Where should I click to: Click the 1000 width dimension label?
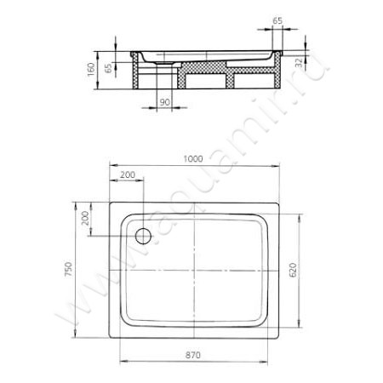[x=193, y=159]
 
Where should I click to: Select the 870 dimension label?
[x=193, y=355]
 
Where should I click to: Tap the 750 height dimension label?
[x=69, y=270]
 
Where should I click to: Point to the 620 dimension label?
[x=293, y=270]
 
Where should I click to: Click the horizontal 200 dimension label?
[x=128, y=174]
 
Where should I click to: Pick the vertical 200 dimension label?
[x=85, y=218]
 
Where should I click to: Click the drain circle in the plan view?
[x=143, y=236]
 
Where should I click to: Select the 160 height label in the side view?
[x=91, y=70]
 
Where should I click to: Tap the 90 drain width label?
[x=164, y=102]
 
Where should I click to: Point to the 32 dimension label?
[x=299, y=63]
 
